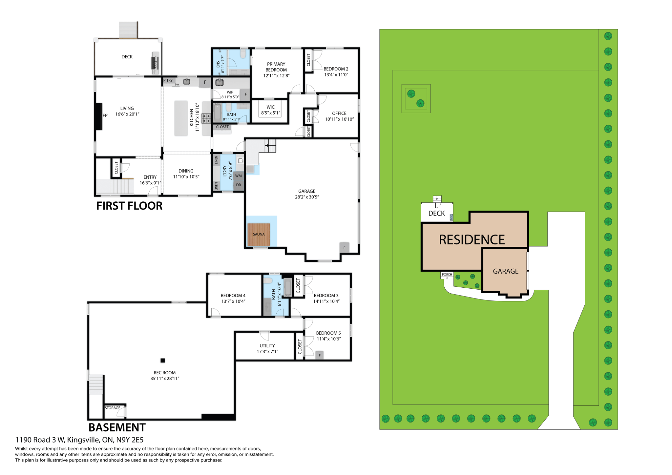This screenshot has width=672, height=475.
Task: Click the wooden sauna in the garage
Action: tap(259, 234)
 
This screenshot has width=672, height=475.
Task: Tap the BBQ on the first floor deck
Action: tap(155, 63)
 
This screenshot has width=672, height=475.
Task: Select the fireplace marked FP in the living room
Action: tap(99, 117)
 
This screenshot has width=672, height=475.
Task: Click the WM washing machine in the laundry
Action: tap(239, 176)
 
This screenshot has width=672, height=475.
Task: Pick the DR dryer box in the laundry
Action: tap(239, 185)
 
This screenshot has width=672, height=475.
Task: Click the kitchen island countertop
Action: tap(181, 118)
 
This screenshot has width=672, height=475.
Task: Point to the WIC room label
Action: tap(270, 107)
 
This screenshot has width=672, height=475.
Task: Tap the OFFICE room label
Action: tap(339, 114)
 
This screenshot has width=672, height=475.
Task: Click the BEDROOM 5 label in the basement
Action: tap(328, 333)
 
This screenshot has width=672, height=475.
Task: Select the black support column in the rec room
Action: tap(162, 361)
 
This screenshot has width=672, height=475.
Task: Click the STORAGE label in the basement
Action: tap(113, 408)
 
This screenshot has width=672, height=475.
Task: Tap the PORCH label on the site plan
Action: tap(447, 275)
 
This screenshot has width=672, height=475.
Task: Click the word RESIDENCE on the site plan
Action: tap(472, 240)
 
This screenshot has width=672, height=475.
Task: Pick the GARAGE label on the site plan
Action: tap(505, 271)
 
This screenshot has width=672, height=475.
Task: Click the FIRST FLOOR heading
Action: tap(129, 206)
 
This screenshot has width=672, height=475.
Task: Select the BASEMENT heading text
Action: tap(117, 428)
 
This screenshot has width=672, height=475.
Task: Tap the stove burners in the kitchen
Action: tap(206, 118)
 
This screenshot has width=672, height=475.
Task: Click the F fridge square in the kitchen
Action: tap(205, 82)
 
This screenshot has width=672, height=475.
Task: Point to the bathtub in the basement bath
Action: tap(287, 287)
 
